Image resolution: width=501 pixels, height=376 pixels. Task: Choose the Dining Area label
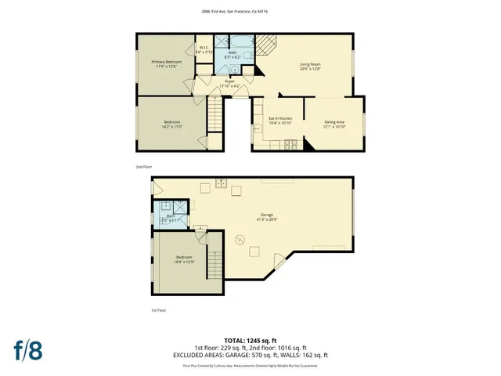click(334, 121)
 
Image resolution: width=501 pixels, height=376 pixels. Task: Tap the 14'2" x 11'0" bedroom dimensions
click(172, 126)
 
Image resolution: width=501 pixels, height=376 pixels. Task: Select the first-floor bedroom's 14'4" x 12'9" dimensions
click(185, 262)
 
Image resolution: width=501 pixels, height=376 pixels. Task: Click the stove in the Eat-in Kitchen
click(290, 143)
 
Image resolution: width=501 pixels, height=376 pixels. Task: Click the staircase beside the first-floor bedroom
click(214, 255)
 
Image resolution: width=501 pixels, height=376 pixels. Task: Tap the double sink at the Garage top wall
click(222, 183)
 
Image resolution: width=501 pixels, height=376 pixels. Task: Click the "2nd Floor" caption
click(143, 167)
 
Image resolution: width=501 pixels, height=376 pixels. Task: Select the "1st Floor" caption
click(158, 310)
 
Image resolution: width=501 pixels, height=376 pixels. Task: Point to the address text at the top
click(250, 12)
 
